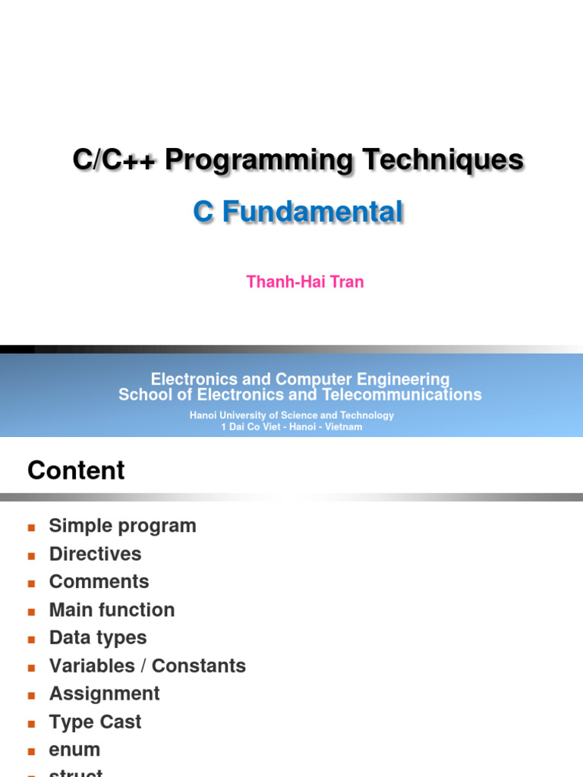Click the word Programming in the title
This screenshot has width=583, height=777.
259,161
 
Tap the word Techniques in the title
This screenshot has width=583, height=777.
443,161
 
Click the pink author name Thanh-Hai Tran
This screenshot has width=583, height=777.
305,282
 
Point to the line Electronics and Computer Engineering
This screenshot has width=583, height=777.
300,379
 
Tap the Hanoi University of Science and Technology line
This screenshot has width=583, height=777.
291,415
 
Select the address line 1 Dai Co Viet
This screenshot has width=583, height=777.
291,426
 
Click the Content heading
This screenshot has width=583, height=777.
76,471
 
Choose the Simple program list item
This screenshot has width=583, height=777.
122,526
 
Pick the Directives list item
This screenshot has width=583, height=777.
95,554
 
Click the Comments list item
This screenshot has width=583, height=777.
99,582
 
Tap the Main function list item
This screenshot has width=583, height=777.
112,610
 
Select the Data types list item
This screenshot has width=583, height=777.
98,638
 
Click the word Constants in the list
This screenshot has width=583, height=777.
199,666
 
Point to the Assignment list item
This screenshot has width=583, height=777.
104,694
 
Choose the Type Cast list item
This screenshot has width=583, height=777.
95,722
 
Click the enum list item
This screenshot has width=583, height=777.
74,750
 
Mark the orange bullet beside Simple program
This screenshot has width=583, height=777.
32,527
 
